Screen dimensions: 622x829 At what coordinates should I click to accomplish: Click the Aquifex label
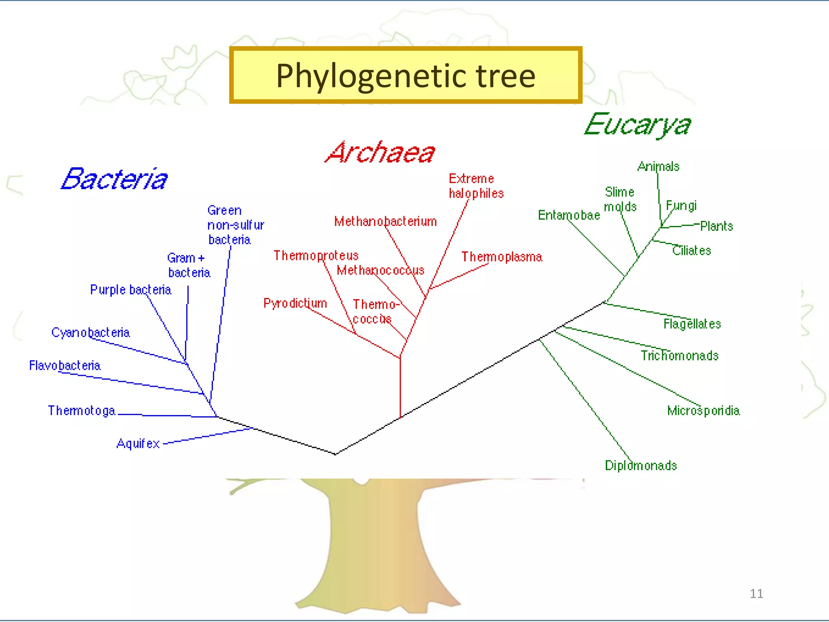click(138, 444)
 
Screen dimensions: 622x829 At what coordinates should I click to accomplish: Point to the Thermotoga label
click(82, 411)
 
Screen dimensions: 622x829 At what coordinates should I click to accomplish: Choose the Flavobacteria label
click(65, 366)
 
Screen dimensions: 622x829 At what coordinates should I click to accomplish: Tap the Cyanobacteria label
click(90, 332)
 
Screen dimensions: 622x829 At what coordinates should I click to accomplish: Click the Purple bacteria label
click(130, 290)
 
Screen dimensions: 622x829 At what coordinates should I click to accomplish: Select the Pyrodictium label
click(295, 303)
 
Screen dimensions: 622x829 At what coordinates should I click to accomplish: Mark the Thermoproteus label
click(316, 256)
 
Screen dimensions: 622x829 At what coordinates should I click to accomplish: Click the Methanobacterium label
click(385, 222)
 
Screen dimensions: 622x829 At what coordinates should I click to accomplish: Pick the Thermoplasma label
click(502, 257)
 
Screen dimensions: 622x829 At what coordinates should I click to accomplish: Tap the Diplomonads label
click(641, 466)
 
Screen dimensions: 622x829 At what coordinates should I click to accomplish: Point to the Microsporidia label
click(704, 411)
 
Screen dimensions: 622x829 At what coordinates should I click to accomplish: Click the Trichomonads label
click(680, 356)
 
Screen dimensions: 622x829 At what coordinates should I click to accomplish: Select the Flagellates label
click(692, 324)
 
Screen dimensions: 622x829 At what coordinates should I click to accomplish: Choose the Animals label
click(658, 166)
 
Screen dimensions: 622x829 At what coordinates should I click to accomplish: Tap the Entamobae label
click(569, 215)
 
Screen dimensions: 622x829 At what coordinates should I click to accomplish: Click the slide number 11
click(756, 594)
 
